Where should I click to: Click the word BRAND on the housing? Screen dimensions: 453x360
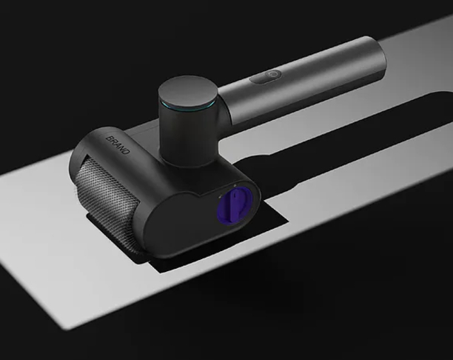(118, 145)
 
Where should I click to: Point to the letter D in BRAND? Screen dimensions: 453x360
(127, 151)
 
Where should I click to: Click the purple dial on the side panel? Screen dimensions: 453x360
(235, 204)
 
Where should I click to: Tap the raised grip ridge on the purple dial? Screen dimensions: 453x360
(235, 204)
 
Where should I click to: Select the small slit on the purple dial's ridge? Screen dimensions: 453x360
(235, 196)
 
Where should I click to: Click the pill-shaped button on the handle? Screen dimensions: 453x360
(266, 76)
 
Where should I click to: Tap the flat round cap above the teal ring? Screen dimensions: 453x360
(187, 92)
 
